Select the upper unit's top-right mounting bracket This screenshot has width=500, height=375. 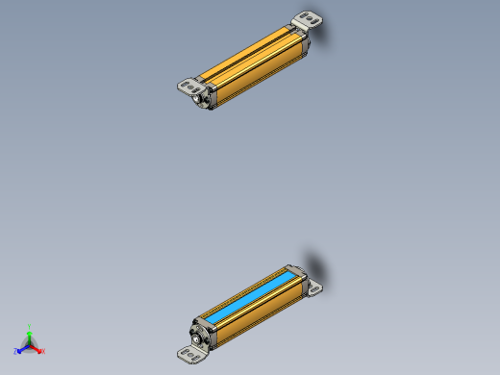[x=307, y=19]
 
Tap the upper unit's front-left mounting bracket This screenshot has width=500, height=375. [x=187, y=86]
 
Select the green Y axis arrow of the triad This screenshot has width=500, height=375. [x=30, y=336]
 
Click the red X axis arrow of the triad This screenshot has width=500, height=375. [x=37, y=349]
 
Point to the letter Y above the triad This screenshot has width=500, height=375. [x=30, y=327]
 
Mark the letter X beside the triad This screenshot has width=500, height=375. [x=43, y=351]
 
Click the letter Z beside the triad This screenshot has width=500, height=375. [x=15, y=351]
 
